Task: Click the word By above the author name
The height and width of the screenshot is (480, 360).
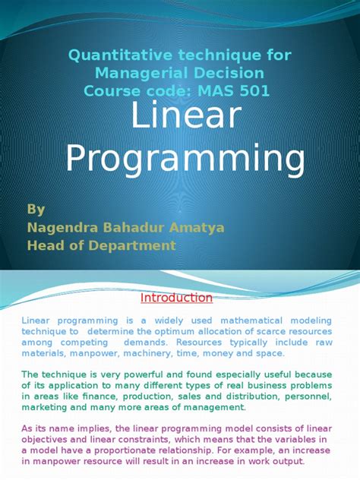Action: point(36,209)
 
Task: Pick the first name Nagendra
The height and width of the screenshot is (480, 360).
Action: point(62,227)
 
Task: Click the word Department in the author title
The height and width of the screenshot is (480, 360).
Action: point(137,245)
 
